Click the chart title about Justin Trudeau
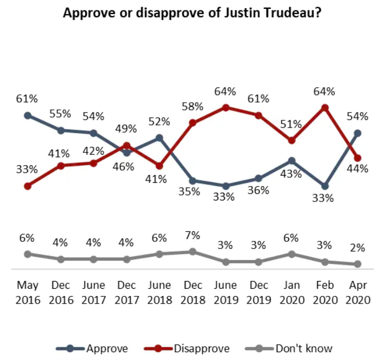tap(192, 13)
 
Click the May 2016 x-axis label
tap(28, 293)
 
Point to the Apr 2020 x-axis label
tap(357, 293)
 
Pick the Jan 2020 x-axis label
tap(292, 293)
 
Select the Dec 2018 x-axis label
tap(192, 293)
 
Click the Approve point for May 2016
tap(28, 115)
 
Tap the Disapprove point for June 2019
tap(226, 108)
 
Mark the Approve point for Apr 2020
tap(357, 133)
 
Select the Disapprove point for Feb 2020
tap(325, 108)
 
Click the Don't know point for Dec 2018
tap(192, 251)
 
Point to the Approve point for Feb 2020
tap(325, 186)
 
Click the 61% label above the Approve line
tap(27, 99)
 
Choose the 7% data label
tap(192, 235)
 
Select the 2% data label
tap(357, 248)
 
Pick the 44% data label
tap(357, 170)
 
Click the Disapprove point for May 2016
tap(28, 186)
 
